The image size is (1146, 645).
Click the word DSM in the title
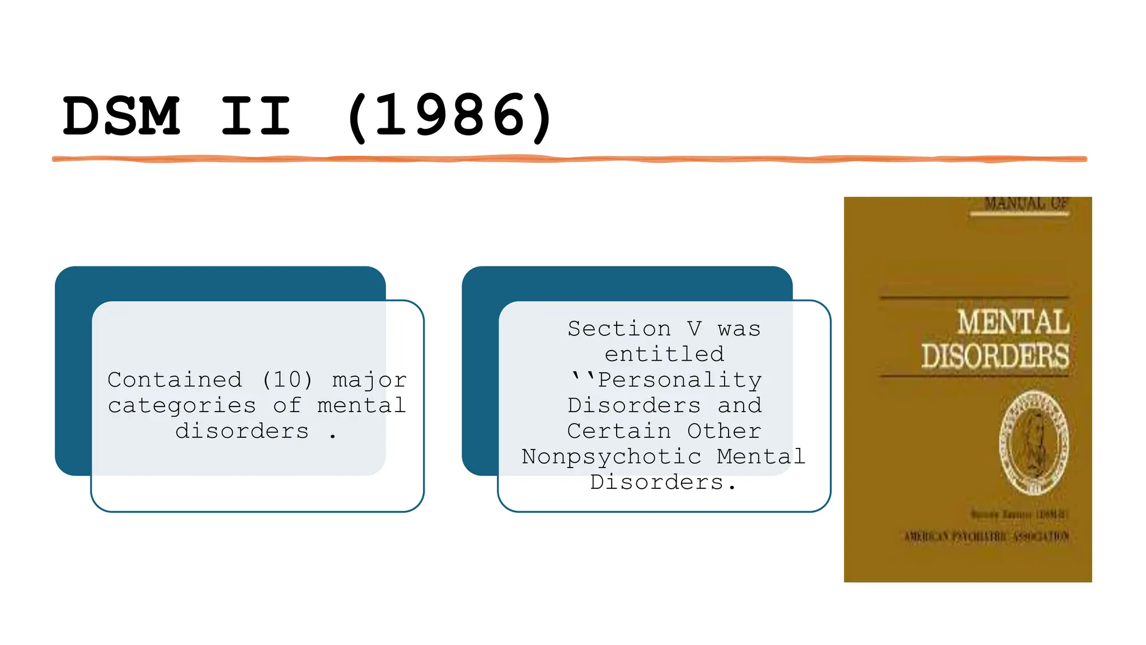(x=121, y=116)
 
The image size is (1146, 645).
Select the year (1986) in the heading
(x=449, y=116)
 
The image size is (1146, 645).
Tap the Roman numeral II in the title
(x=256, y=116)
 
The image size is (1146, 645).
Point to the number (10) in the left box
(x=287, y=380)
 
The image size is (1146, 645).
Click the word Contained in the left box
(x=175, y=380)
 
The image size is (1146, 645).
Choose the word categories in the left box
(x=182, y=405)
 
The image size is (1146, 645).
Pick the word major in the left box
(x=369, y=380)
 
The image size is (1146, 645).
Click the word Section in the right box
(x=619, y=329)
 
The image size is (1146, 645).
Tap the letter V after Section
(x=694, y=329)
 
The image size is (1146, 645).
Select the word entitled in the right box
(x=664, y=354)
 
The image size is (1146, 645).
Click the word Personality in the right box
(x=679, y=380)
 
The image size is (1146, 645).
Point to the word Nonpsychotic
(x=611, y=457)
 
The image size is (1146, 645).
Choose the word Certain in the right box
(x=619, y=431)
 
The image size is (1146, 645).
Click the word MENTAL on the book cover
(x=1013, y=322)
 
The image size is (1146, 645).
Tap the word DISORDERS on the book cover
(x=995, y=356)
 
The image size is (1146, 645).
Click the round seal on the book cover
(x=1034, y=442)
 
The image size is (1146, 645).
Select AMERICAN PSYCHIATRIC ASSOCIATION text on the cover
(x=987, y=537)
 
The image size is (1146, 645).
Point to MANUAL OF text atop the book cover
(x=1026, y=204)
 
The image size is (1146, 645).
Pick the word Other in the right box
(x=724, y=431)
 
